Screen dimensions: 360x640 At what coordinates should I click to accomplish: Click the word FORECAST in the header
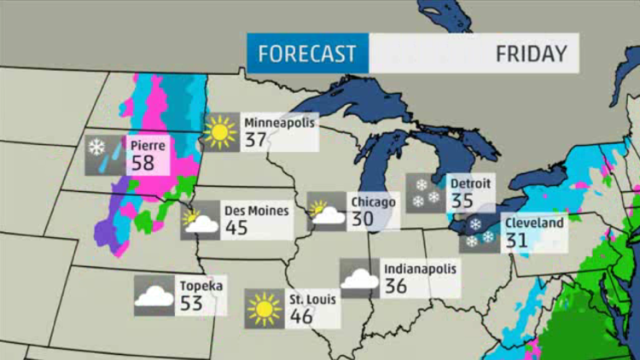click(x=307, y=54)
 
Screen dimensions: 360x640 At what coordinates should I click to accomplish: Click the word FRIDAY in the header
click(x=531, y=54)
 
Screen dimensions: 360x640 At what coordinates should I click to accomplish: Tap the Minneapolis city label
click(x=279, y=122)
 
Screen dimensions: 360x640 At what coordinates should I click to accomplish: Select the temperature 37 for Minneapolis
click(x=256, y=140)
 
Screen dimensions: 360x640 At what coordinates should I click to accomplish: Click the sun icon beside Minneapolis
click(x=219, y=132)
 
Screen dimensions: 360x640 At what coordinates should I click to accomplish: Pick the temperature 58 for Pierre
click(x=143, y=162)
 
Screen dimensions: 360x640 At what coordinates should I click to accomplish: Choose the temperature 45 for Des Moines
click(x=236, y=228)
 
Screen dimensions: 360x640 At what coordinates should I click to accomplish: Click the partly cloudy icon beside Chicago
click(x=324, y=212)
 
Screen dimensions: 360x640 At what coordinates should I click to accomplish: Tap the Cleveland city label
click(x=533, y=224)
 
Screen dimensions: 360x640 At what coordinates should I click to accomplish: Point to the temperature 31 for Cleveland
click(x=517, y=241)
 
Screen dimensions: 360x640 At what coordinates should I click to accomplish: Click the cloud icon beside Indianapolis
click(x=359, y=278)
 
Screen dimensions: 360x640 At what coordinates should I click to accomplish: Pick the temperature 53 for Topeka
click(x=192, y=303)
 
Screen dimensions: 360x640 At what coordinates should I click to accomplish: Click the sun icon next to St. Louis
click(x=263, y=309)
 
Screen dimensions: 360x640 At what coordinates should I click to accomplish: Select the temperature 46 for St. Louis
click(x=300, y=316)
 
